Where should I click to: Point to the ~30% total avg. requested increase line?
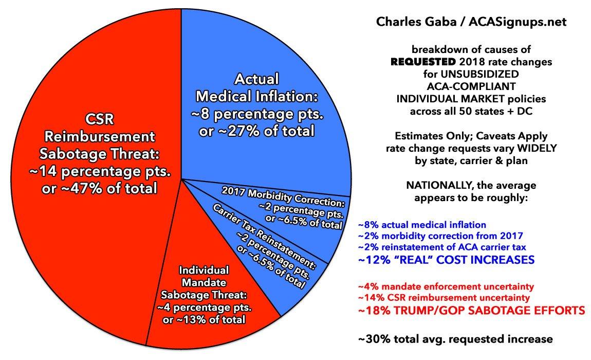[x=455, y=339]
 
